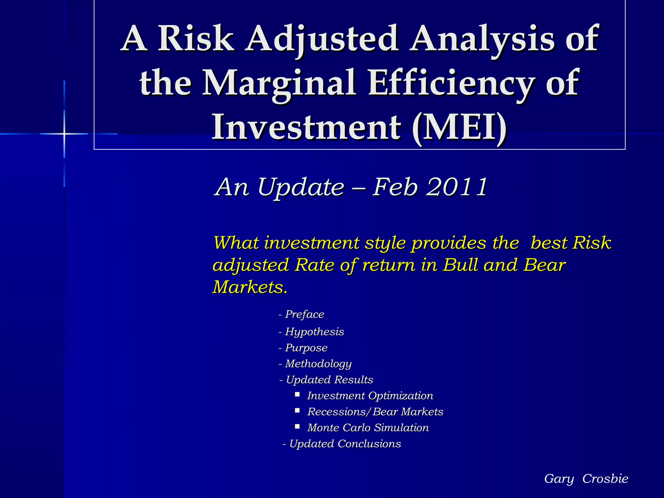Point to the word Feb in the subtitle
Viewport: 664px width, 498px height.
point(395,187)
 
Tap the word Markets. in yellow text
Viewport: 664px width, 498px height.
point(250,287)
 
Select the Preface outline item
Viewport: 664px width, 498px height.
point(304,314)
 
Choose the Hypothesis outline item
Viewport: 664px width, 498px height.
point(314,332)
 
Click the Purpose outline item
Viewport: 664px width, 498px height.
point(306,348)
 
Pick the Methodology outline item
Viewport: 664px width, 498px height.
point(318,364)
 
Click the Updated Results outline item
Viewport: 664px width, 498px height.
point(329,380)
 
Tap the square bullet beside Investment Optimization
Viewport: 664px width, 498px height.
point(297,395)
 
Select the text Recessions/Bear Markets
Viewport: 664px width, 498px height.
point(375,412)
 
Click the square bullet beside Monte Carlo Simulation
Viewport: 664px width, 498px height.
point(297,427)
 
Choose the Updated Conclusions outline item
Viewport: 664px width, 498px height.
point(345,444)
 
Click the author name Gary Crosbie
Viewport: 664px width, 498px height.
point(586,479)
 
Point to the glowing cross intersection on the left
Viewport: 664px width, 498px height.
point(64,134)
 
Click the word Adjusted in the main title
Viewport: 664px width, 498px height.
point(322,40)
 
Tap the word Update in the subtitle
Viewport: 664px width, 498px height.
point(301,187)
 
